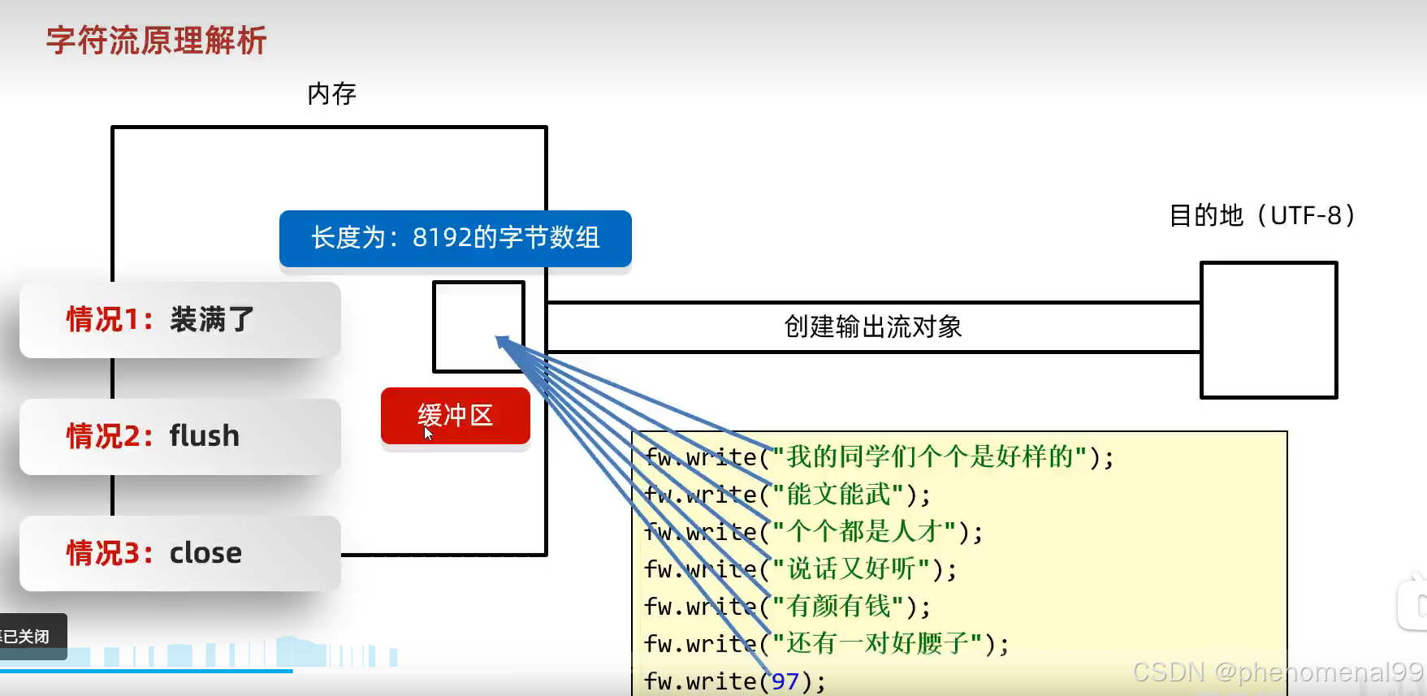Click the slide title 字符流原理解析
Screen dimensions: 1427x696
tap(156, 41)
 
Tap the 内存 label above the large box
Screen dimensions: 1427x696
tap(331, 94)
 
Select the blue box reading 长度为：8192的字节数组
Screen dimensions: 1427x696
tap(455, 238)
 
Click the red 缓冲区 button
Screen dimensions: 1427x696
tap(455, 416)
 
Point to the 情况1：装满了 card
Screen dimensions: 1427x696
tap(179, 320)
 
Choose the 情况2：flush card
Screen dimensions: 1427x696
tap(179, 436)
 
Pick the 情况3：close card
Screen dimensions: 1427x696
tap(179, 553)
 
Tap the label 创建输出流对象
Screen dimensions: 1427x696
tap(872, 327)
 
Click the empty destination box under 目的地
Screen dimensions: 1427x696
tap(1268, 330)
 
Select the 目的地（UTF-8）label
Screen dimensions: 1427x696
tap(1262, 216)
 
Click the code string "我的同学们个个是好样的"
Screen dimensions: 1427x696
tap(929, 457)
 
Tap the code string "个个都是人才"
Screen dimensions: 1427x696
tap(864, 532)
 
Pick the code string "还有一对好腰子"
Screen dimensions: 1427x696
tap(877, 644)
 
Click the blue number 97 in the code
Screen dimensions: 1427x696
tap(785, 681)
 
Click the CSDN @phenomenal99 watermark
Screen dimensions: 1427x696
tap(1277, 672)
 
